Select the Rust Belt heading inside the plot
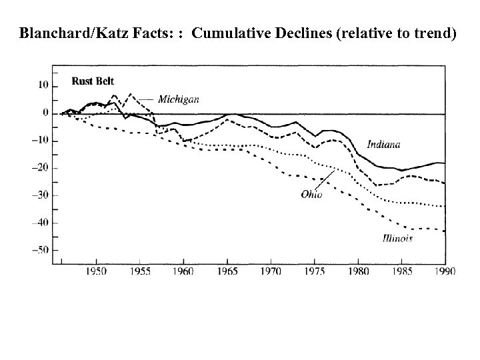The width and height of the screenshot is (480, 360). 93,81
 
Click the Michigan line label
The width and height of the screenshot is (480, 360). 178,99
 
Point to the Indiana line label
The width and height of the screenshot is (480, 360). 383,145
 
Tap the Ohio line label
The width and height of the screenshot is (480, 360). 311,195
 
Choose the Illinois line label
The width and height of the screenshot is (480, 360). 397,239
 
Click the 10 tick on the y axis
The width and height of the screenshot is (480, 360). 43,85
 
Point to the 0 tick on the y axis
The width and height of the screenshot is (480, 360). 45,113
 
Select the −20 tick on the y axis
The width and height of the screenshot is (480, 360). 40,168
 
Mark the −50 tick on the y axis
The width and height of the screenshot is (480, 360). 40,250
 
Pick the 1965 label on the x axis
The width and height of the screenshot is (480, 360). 227,272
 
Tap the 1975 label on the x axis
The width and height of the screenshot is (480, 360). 314,272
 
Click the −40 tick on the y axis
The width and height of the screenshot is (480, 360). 40,223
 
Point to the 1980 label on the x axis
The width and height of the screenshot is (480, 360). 357,272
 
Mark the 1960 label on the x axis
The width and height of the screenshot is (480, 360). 183,272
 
